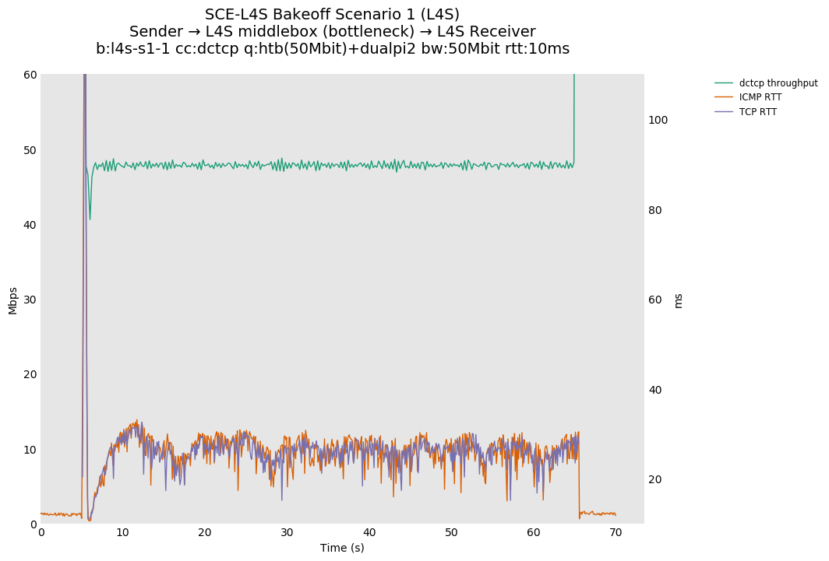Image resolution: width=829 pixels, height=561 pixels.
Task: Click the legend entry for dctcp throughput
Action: (x=778, y=83)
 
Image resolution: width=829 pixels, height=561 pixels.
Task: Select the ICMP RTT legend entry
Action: (x=760, y=97)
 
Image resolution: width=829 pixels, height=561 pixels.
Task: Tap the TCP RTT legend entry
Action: (x=757, y=112)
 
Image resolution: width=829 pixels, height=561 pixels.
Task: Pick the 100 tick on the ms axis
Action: (x=658, y=120)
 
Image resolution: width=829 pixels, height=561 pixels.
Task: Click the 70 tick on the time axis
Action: (x=616, y=532)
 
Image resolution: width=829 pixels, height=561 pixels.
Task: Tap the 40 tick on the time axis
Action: (x=369, y=532)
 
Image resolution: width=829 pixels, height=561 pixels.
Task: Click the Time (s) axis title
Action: (x=342, y=548)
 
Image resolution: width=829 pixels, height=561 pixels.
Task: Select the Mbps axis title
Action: (x=12, y=300)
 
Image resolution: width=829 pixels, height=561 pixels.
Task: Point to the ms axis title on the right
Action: (x=678, y=300)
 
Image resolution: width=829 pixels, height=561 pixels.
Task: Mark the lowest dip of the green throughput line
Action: (x=90, y=219)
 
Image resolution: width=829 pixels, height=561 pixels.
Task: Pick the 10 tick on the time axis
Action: (x=123, y=532)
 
